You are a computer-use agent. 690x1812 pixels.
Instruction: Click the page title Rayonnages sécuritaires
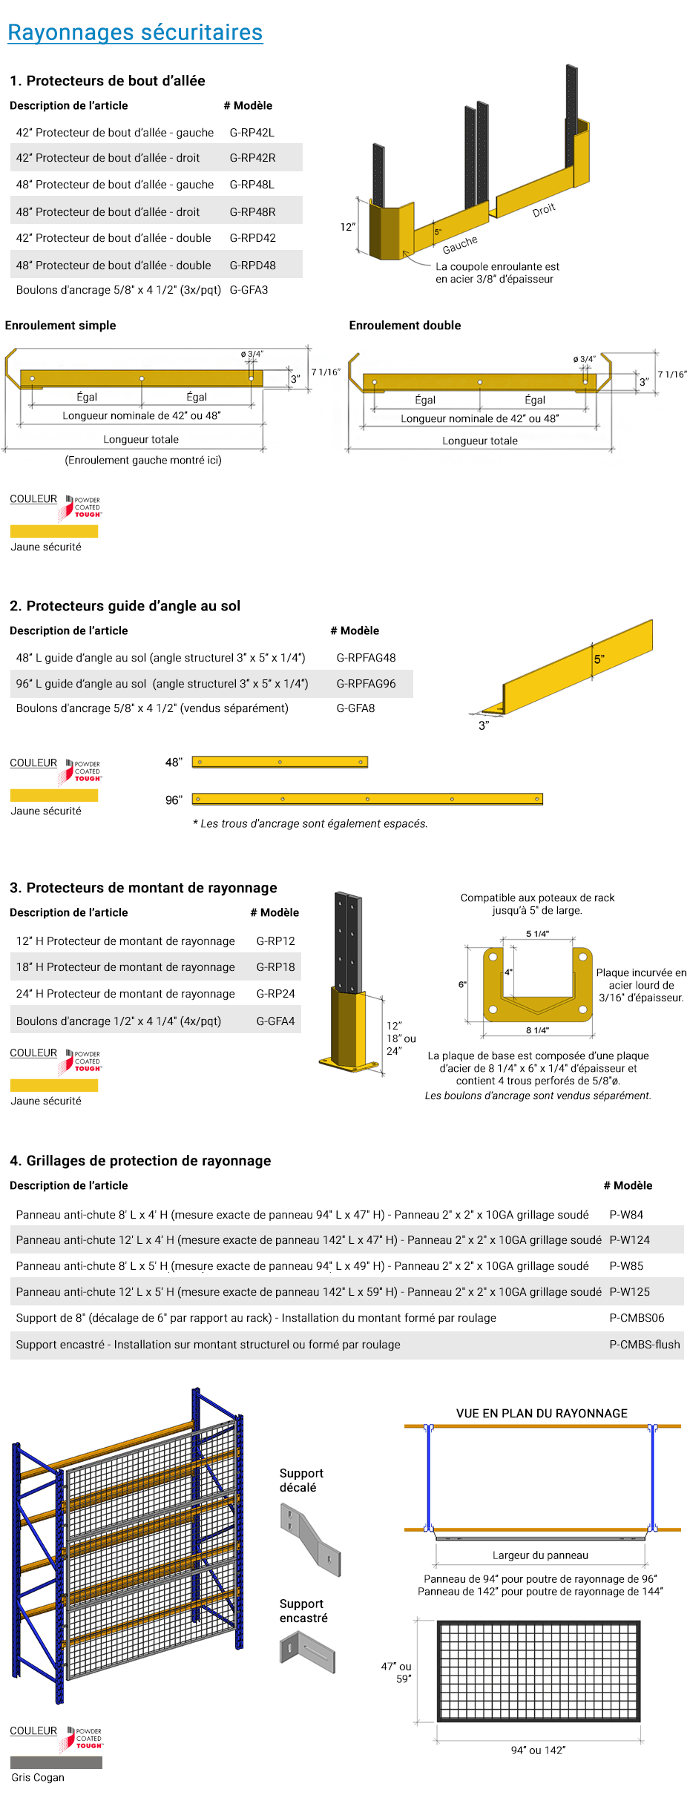135,33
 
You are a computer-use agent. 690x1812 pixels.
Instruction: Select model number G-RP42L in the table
252,133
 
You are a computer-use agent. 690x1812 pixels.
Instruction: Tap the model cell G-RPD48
252,266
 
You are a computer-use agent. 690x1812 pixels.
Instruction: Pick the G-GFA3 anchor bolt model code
249,290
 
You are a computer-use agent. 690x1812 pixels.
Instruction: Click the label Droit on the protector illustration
544,210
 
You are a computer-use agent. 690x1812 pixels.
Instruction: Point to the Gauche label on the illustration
460,244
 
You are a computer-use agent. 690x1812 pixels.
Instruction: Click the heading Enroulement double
404,326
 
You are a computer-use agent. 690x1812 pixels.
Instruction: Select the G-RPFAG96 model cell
366,684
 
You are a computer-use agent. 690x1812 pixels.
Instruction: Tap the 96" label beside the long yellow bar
174,800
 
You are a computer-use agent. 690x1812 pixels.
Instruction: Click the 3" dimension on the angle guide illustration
484,725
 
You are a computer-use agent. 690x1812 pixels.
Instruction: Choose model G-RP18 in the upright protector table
275,967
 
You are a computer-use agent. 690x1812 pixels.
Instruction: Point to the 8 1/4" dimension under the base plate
537,1030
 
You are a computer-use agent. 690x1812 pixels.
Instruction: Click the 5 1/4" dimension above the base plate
537,934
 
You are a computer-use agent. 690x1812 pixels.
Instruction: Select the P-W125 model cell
629,1292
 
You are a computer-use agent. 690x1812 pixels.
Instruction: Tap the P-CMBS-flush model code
644,1345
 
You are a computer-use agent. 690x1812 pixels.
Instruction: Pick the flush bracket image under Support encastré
308,1651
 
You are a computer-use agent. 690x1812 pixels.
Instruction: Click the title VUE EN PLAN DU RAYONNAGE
542,1414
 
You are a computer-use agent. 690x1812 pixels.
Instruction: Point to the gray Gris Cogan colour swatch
56,1762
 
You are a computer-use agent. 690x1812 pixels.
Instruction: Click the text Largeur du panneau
540,1555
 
